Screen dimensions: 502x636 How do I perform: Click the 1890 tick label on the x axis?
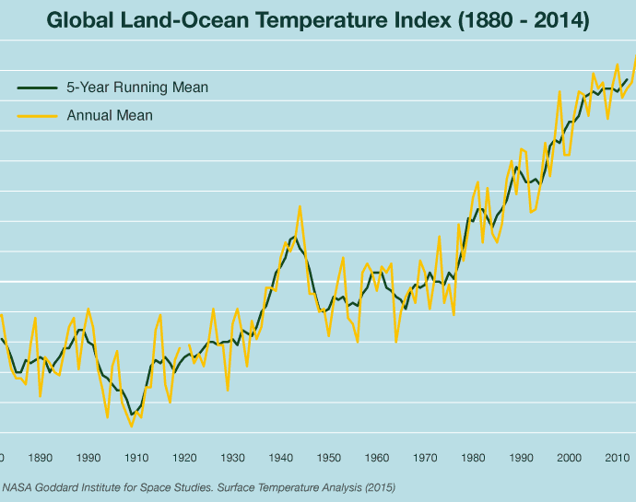(x=41, y=457)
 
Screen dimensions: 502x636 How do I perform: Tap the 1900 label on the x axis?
(x=88, y=457)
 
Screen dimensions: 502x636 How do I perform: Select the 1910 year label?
(x=136, y=457)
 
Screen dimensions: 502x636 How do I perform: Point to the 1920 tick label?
(x=184, y=457)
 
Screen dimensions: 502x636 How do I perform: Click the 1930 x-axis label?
(x=232, y=457)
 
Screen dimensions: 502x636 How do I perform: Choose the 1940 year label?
(x=280, y=457)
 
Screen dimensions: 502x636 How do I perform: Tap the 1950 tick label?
(x=329, y=457)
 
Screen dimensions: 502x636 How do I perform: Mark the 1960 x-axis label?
(x=377, y=457)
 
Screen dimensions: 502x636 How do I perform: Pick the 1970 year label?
(x=425, y=457)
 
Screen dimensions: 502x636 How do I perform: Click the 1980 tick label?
(x=473, y=457)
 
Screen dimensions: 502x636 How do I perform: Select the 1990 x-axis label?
(x=521, y=457)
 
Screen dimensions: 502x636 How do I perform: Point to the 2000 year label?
(x=569, y=457)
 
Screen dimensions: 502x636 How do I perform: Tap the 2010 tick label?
(x=617, y=457)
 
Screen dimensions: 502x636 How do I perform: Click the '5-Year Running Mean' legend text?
(x=137, y=88)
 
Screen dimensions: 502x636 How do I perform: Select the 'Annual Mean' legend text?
(x=110, y=116)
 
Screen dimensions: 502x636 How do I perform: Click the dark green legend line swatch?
(x=38, y=88)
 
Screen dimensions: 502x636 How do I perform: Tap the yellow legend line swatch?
(x=38, y=116)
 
